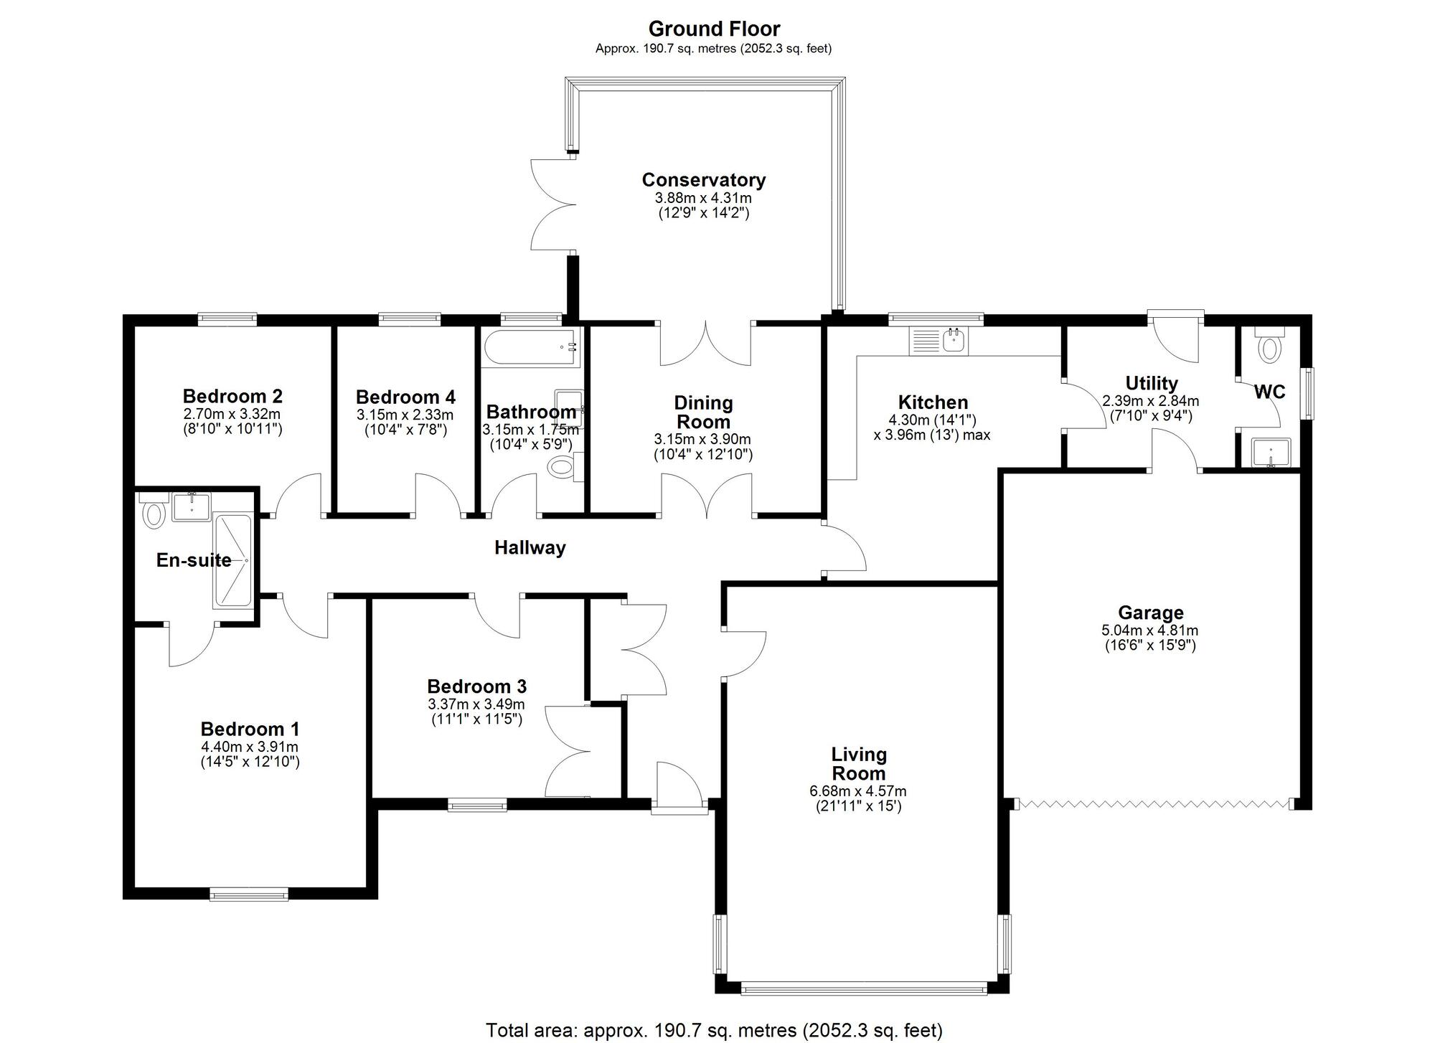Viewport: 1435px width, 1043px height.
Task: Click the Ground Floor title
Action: (x=714, y=29)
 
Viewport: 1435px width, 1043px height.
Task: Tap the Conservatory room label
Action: (x=703, y=179)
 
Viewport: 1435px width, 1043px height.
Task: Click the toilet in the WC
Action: (x=1269, y=349)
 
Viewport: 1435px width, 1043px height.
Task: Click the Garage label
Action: (x=1150, y=613)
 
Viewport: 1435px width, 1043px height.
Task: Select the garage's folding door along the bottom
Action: (x=1155, y=803)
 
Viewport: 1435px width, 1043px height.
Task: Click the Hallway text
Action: (x=530, y=548)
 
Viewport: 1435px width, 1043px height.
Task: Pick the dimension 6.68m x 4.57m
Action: (x=858, y=791)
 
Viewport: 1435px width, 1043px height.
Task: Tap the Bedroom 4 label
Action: (x=405, y=397)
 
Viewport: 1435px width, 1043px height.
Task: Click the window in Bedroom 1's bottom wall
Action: (x=248, y=894)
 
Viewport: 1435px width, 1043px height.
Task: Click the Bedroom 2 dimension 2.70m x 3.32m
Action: (x=232, y=414)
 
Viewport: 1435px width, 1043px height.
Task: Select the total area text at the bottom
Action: (x=714, y=1030)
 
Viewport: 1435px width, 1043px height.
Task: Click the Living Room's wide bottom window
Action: (x=863, y=989)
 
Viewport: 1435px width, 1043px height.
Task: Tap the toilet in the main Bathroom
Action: (x=562, y=468)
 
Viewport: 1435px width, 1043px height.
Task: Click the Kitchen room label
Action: (x=933, y=402)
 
